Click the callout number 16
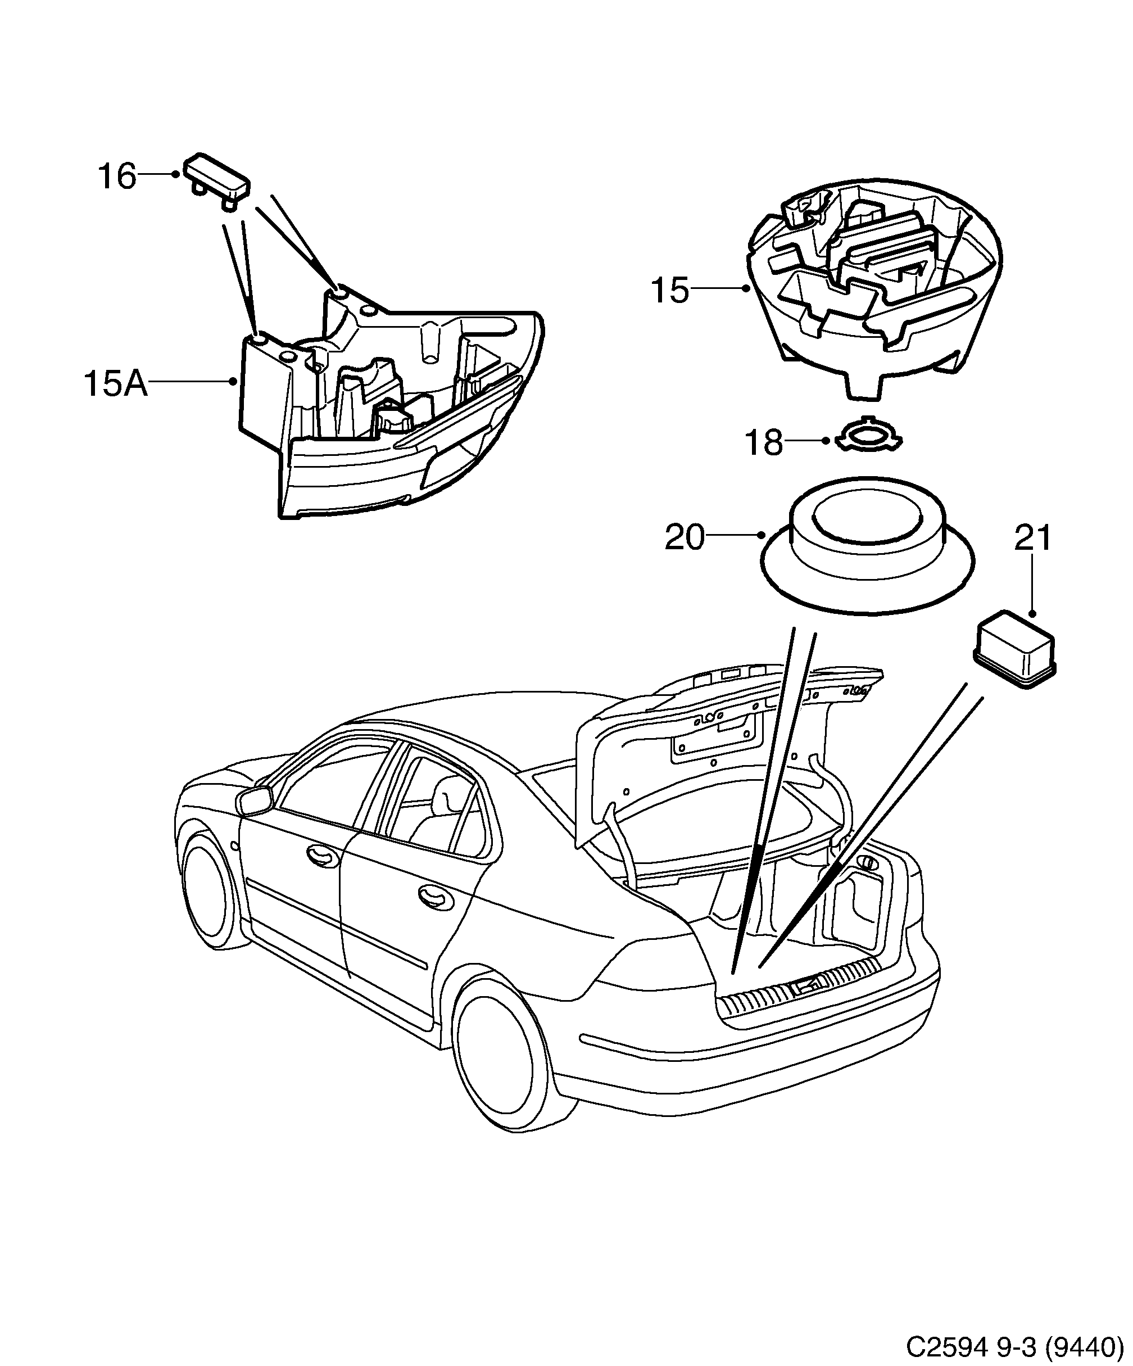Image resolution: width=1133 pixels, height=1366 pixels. coord(117,177)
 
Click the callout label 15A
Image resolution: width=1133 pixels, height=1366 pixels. coord(115,384)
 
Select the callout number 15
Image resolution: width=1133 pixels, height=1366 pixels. coord(669,290)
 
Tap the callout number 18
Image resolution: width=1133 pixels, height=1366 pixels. coord(763,444)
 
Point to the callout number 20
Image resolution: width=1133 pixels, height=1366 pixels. coord(684,538)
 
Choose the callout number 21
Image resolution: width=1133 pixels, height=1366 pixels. coord(1033,538)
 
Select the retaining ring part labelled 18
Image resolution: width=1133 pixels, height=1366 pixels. coord(869,435)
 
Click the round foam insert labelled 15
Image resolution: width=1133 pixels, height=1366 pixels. coord(875,293)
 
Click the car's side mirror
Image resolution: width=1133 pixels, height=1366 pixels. coord(256,800)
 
